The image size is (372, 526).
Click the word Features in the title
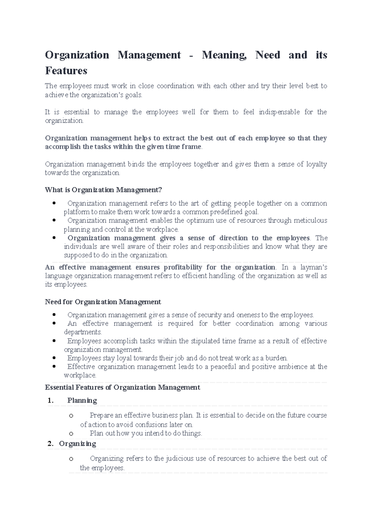66,71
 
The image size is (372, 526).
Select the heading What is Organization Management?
104,190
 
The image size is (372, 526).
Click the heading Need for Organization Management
103,302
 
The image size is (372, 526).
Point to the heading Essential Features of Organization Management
122,388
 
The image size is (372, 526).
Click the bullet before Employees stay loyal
54,358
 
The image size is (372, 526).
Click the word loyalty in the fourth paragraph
316,164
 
